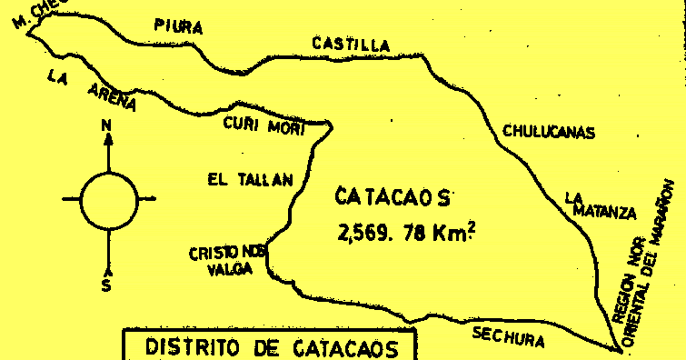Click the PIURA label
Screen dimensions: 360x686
point(178,26)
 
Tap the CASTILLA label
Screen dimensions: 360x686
point(350,44)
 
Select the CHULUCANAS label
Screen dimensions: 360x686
point(549,133)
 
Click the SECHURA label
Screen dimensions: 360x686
point(509,337)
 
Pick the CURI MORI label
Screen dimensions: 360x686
point(263,125)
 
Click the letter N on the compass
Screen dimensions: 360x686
point(107,125)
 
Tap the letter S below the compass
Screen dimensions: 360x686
point(106,285)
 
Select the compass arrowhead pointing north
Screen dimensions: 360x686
point(108,139)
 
